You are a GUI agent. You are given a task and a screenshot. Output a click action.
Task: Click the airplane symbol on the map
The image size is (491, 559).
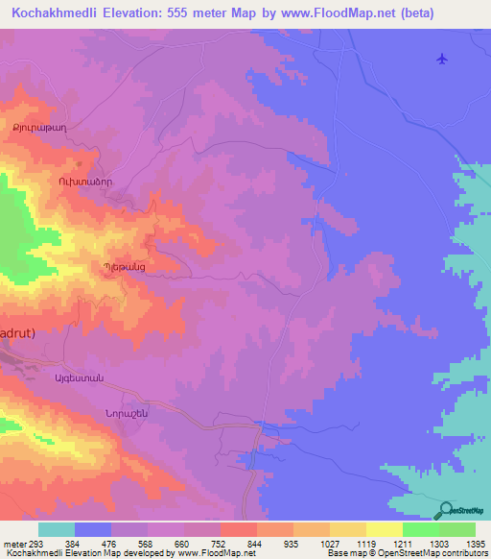pyautogui.click(x=441, y=59)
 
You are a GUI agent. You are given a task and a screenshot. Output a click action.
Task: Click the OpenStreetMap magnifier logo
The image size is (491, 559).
pyautogui.click(x=445, y=510)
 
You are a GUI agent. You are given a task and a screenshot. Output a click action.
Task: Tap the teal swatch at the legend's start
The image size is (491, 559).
pyautogui.click(x=57, y=529)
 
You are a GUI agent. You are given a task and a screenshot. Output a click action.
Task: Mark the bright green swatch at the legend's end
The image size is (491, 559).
pyautogui.click(x=456, y=529)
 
